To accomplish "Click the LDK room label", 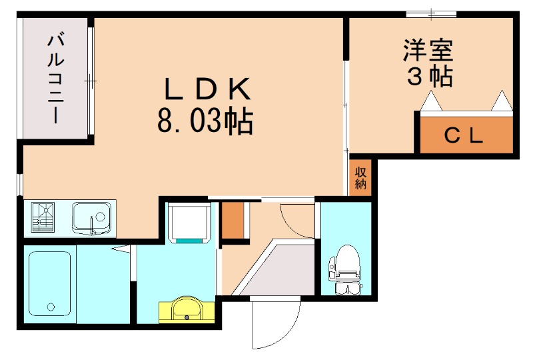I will point(206,88).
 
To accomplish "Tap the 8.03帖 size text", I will point(205,122).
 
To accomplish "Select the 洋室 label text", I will point(428,50).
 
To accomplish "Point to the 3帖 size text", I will point(429,76).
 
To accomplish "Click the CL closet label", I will point(464,136).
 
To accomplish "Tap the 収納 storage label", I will point(360,178).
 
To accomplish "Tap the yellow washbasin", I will point(187,309).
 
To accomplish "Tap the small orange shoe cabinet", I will point(233,219).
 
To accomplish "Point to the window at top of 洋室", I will point(431,13).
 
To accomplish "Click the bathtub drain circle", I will point(49,307).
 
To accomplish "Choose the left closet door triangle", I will point(432,101).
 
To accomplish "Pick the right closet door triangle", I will point(501,101).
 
